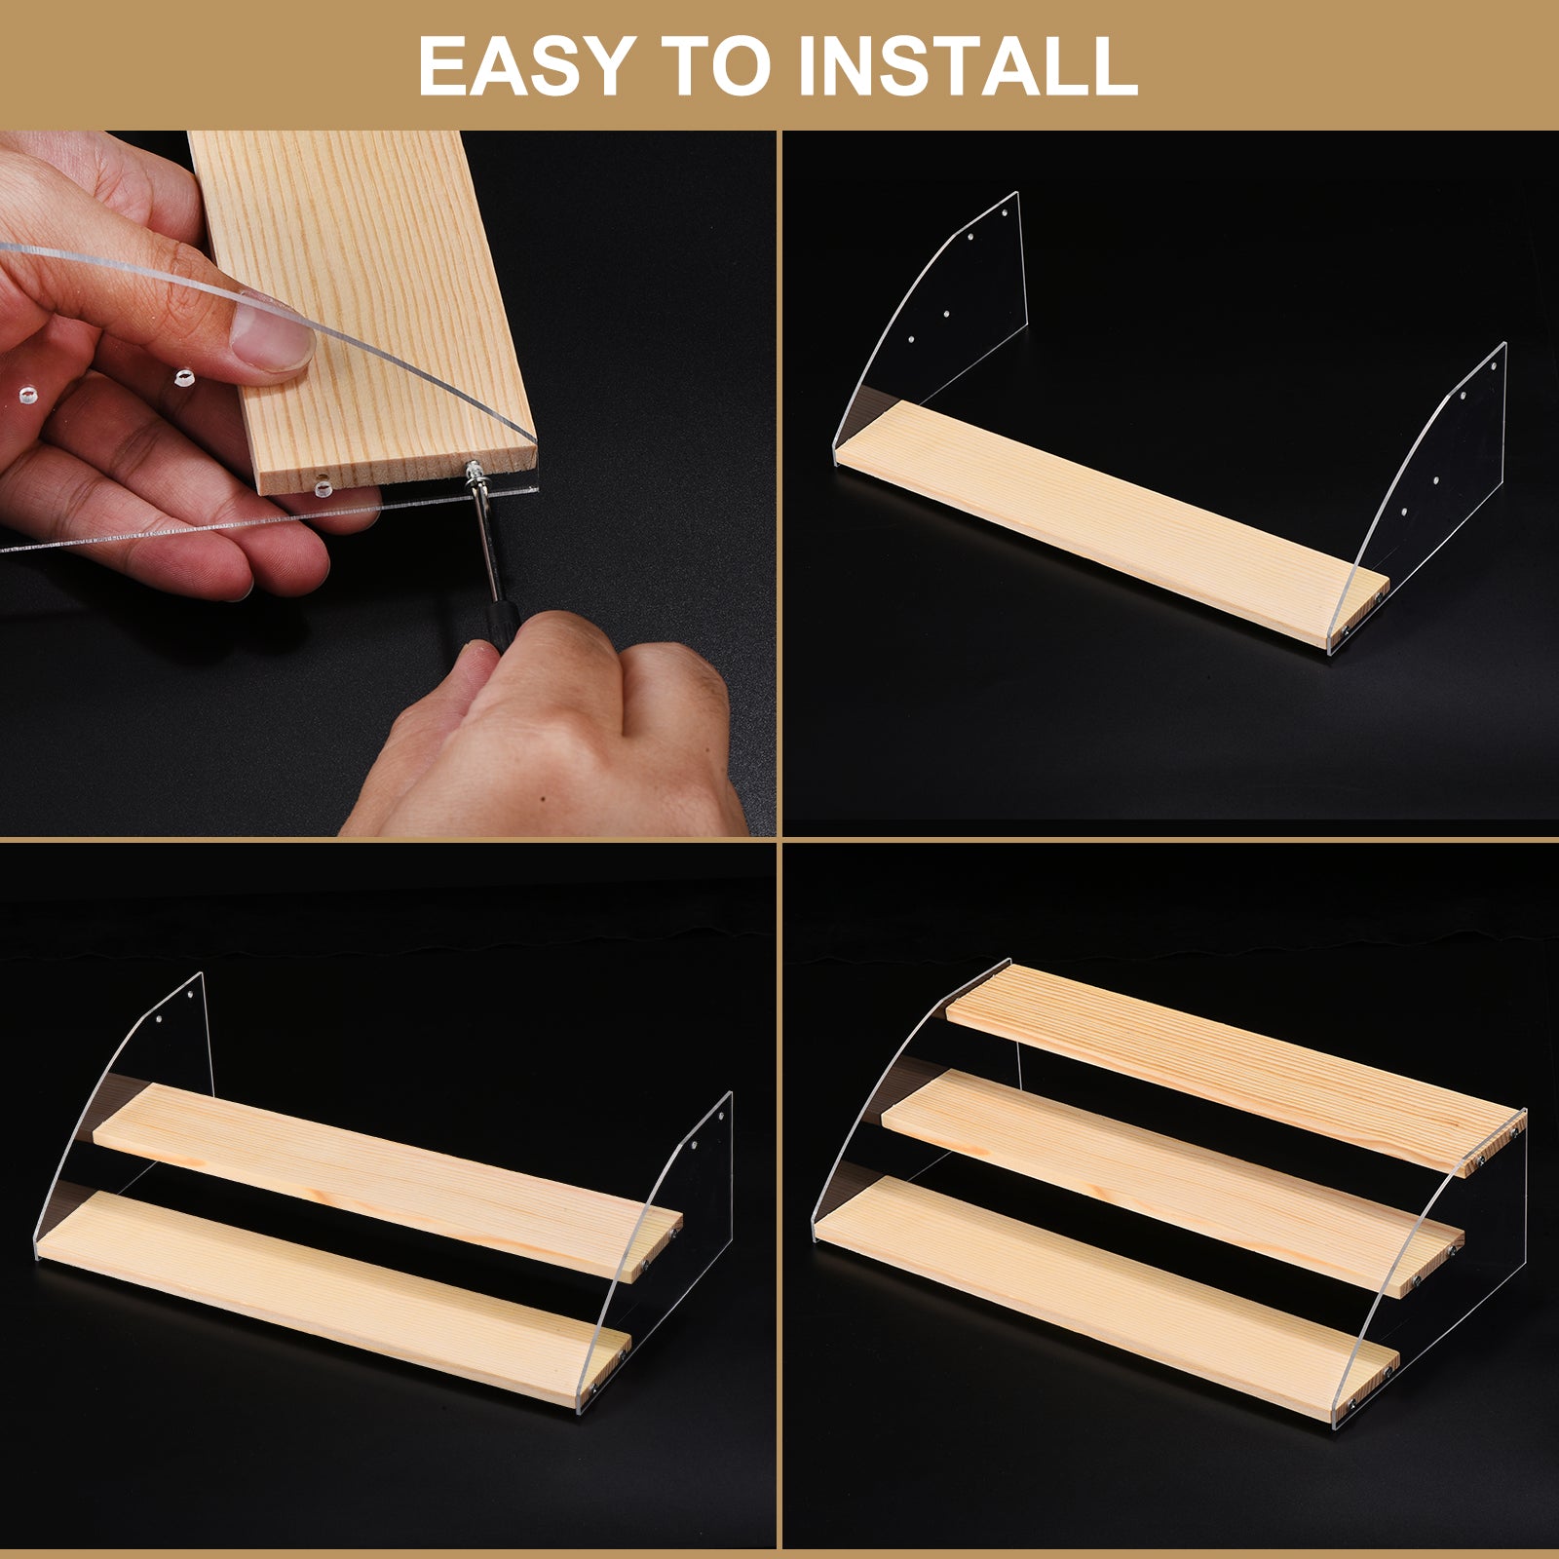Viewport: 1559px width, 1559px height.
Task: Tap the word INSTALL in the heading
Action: [x=968, y=65]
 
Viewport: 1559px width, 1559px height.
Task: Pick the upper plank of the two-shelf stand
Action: [x=387, y=1182]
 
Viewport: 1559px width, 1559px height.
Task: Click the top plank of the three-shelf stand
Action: [x=1236, y=1069]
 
